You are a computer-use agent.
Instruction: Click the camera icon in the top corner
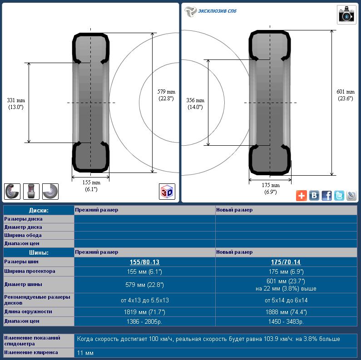(x=346, y=15)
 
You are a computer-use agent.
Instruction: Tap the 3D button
(x=167, y=192)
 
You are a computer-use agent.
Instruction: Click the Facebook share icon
(x=326, y=196)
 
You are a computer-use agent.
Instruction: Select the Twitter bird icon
(x=339, y=196)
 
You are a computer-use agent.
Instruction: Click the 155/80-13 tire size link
(x=144, y=262)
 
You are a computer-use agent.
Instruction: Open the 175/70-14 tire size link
(x=286, y=262)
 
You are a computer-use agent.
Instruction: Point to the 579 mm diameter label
(x=166, y=95)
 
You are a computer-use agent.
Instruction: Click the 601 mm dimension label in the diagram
(x=346, y=95)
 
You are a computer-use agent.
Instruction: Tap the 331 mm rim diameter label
(x=16, y=104)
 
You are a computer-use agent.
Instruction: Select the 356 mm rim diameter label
(x=195, y=104)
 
